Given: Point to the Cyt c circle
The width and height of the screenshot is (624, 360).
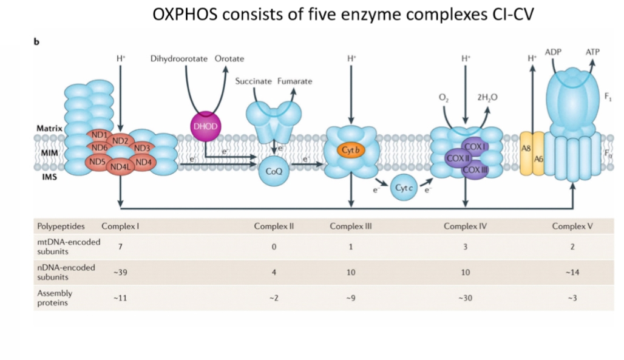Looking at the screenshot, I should tap(404, 188).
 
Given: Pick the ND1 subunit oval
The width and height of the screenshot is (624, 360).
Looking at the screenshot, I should tap(99, 134).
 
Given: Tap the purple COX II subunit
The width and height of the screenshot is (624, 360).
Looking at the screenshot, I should tap(455, 158).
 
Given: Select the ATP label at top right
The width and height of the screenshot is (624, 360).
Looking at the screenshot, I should tap(592, 53).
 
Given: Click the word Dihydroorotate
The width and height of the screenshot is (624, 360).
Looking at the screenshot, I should tap(179, 58).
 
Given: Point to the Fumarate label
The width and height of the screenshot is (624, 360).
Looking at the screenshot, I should tap(295, 81).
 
